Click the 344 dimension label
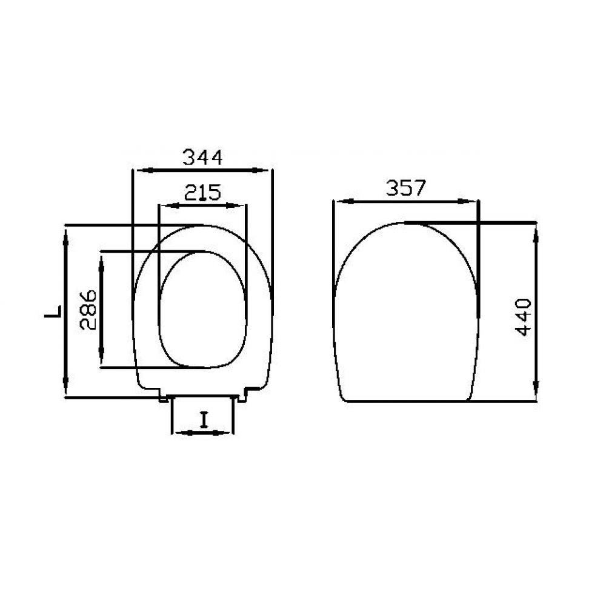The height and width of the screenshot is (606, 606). coord(202,158)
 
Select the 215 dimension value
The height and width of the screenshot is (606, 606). coord(202,193)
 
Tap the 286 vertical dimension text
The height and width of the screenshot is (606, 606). coord(88,310)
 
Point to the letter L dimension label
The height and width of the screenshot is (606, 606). coord(53,311)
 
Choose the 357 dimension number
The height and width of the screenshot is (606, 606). coord(405,188)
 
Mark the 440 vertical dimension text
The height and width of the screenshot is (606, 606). coord(524,317)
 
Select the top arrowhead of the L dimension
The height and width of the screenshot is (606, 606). coord(66,236)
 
